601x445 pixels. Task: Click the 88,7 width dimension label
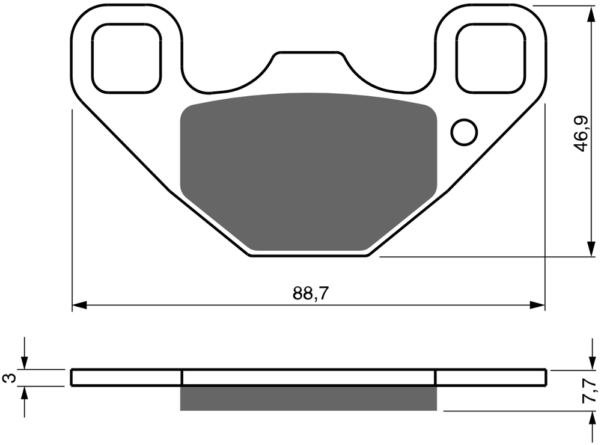point(311,293)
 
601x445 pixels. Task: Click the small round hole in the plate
point(464,132)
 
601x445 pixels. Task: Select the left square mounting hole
point(126,58)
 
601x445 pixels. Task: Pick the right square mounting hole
point(490,58)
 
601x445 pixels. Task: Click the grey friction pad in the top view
point(308,171)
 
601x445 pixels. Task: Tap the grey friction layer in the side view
point(308,398)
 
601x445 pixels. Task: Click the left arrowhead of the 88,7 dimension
point(79,305)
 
